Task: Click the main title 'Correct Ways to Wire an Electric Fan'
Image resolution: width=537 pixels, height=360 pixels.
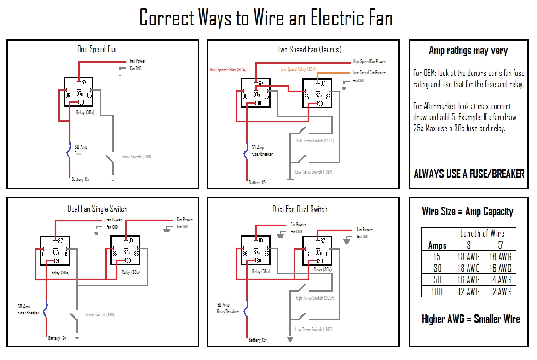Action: pyautogui.click(x=266, y=18)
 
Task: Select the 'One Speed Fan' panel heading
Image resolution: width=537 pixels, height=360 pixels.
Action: pyautogui.click(x=97, y=49)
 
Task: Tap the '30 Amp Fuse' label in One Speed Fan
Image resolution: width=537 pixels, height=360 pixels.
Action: pyautogui.click(x=81, y=150)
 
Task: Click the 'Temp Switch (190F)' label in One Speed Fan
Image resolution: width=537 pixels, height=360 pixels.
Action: pyautogui.click(x=136, y=157)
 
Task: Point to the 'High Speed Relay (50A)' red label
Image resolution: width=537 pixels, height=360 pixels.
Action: pyautogui.click(x=228, y=70)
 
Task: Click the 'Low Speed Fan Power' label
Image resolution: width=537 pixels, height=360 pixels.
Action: pyautogui.click(x=369, y=73)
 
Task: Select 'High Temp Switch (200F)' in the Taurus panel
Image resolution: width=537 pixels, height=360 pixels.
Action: pyautogui.click(x=315, y=141)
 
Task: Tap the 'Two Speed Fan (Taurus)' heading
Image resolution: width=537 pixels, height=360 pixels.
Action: pyautogui.click(x=309, y=49)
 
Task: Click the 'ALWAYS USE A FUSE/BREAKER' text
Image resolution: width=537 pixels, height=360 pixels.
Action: pyautogui.click(x=469, y=174)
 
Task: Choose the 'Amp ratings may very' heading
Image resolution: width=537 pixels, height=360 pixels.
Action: pyautogui.click(x=468, y=51)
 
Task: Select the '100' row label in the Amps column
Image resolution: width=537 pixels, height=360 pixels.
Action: pyautogui.click(x=437, y=291)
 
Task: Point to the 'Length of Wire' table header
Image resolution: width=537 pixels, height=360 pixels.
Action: pyautogui.click(x=482, y=233)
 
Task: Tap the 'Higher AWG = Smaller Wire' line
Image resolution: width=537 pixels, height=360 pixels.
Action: pyautogui.click(x=471, y=319)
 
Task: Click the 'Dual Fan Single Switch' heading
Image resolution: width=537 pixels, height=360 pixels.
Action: pyautogui.click(x=97, y=209)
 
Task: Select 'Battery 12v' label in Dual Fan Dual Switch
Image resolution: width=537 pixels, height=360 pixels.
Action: pyautogui.click(x=258, y=340)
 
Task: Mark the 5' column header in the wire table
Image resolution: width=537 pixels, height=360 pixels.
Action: pyautogui.click(x=500, y=245)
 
